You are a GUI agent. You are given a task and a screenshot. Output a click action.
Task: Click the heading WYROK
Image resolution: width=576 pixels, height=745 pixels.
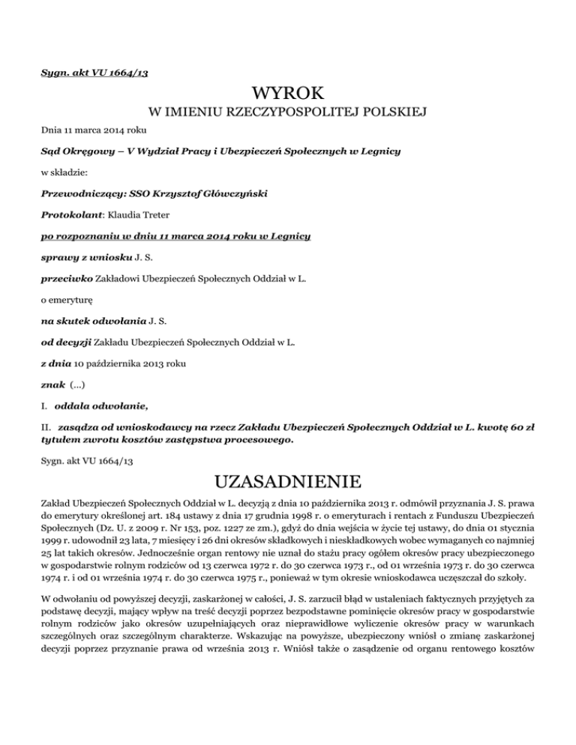point(288,94)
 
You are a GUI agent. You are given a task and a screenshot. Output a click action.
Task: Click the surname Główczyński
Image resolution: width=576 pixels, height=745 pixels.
point(231,193)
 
